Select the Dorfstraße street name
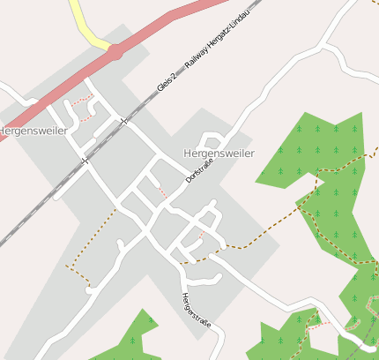tap(200, 167)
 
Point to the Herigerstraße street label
tap(196, 310)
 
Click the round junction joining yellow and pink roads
tap(115, 52)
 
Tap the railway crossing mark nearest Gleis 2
tap(125, 121)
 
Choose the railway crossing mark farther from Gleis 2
tap(85, 161)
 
